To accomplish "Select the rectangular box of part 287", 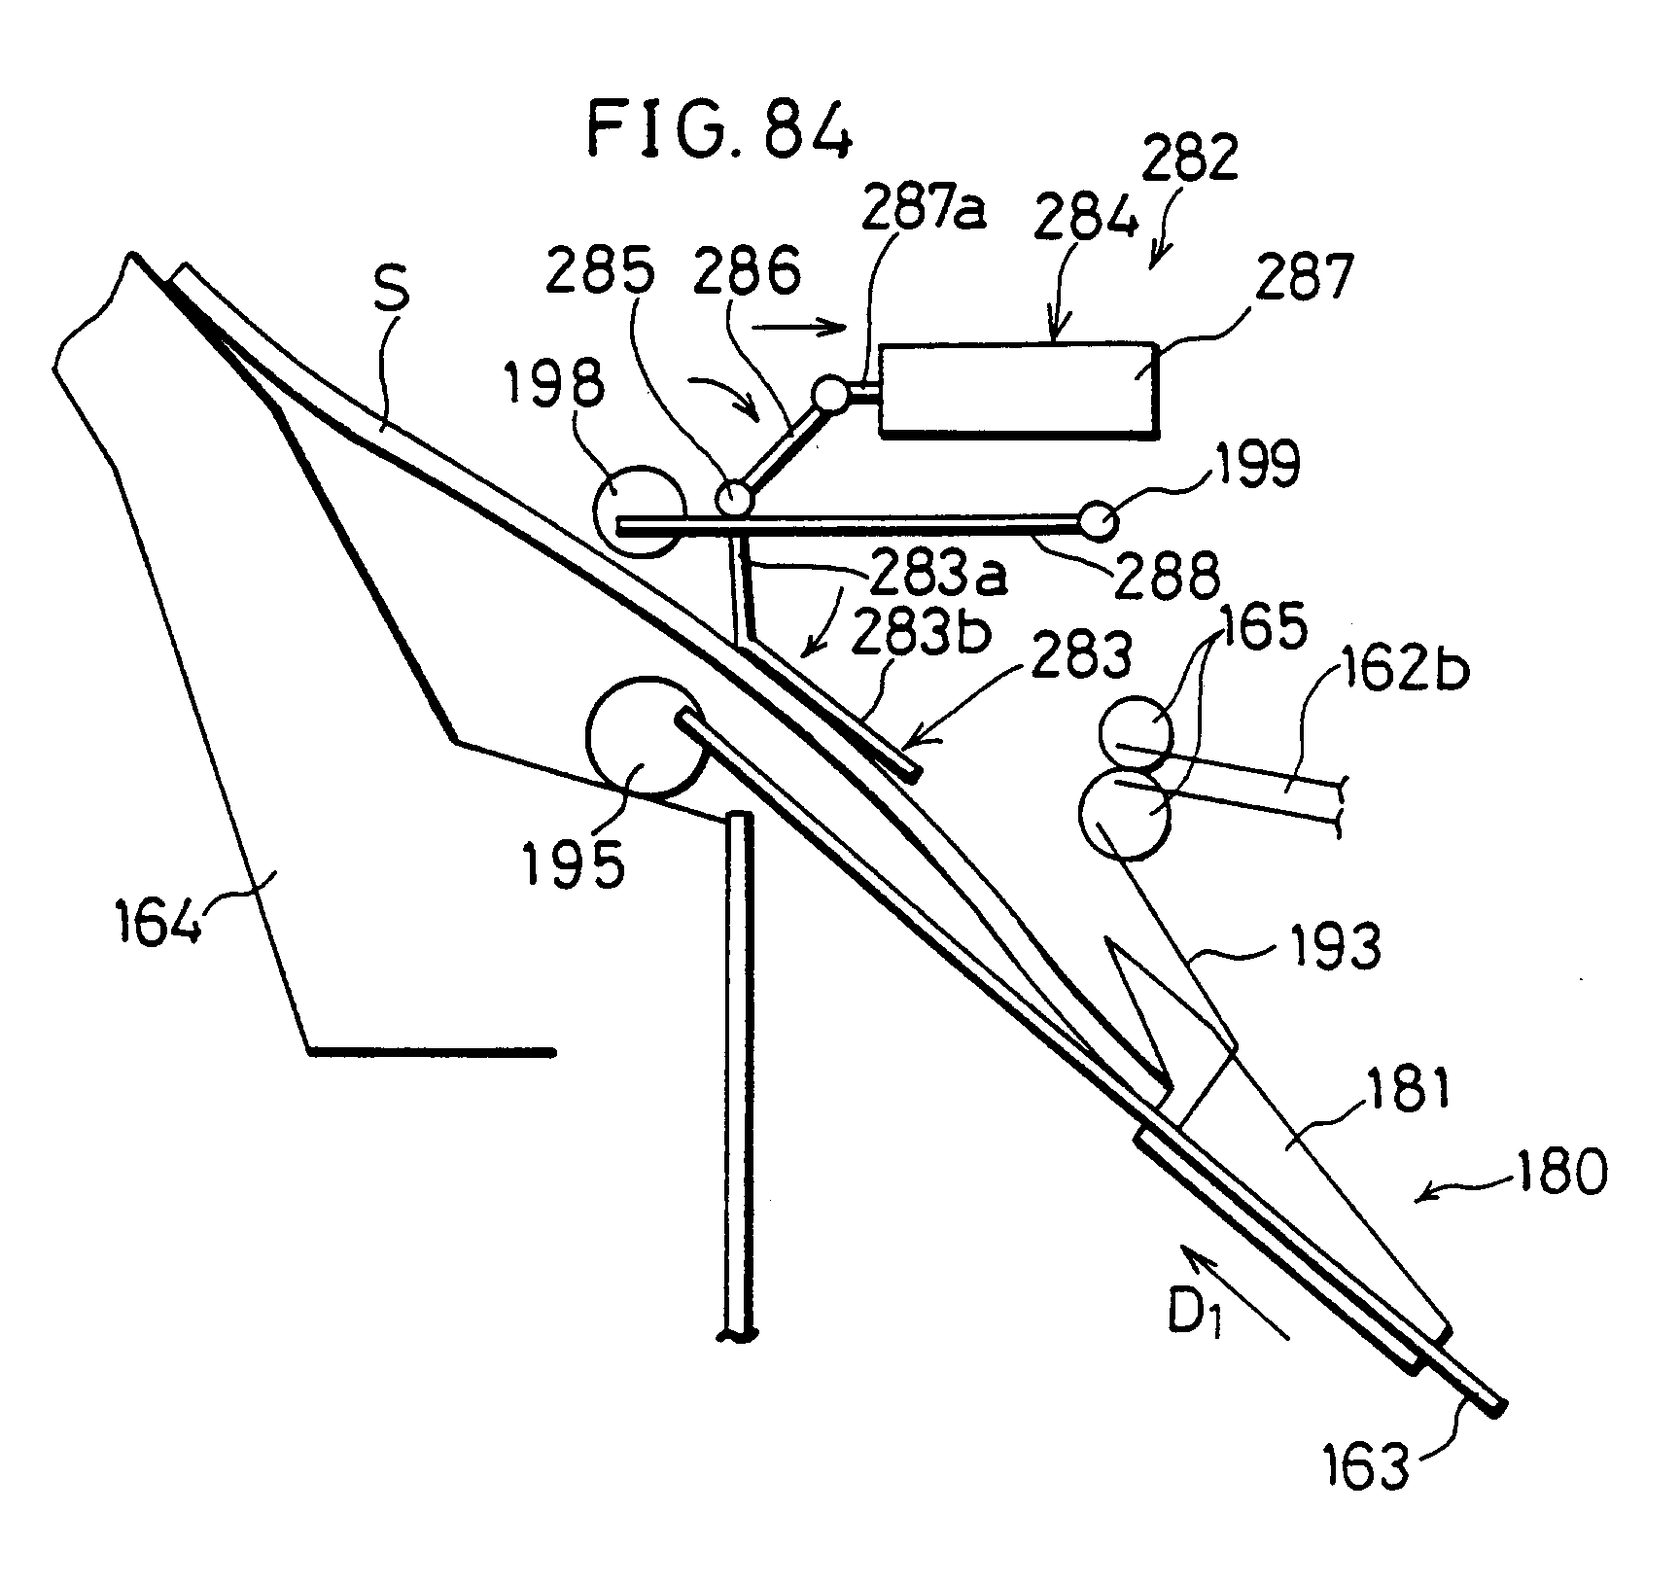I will (1016, 388).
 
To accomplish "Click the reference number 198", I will (555, 386).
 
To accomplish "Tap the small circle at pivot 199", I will (1099, 521).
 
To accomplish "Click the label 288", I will (1167, 577).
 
